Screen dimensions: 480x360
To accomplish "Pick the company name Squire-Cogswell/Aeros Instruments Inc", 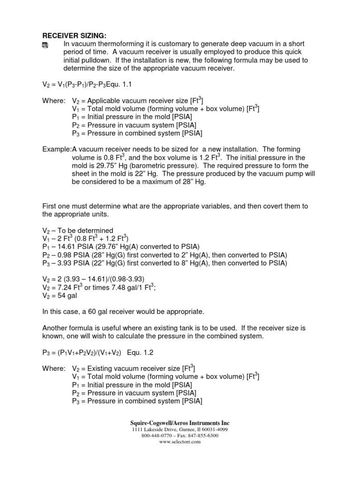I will point(180,423).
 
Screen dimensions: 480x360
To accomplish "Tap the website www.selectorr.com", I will point(180,442).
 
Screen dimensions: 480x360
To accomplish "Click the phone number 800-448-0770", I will point(157,435).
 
